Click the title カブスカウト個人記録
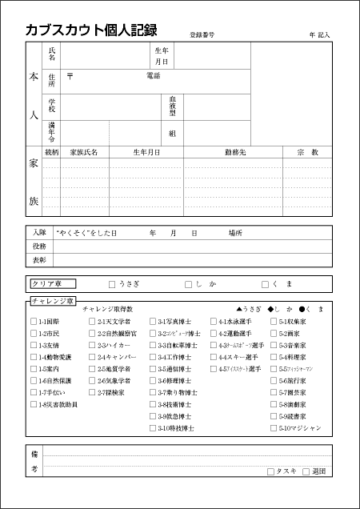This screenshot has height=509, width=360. point(90,30)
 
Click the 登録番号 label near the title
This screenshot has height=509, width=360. point(202,35)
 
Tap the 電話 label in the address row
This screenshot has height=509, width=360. point(153,76)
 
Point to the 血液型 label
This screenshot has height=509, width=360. point(172,106)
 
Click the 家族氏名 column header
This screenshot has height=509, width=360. point(84,151)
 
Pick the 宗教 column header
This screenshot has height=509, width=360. point(307,151)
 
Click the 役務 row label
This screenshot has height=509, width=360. point(39,246)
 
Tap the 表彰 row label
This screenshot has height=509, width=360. point(39,260)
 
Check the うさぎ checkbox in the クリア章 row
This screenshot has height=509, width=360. point(112,284)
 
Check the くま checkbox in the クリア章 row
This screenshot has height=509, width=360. point(265,284)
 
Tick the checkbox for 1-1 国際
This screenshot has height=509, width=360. point(34,321)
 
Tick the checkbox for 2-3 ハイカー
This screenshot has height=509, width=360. point(92,345)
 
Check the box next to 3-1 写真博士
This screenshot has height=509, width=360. point(153,321)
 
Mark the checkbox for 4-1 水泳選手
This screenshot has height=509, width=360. point(214,321)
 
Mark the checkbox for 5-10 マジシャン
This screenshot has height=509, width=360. point(274,428)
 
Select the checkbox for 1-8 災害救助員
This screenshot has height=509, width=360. point(34,405)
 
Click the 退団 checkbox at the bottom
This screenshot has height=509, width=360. point(306,471)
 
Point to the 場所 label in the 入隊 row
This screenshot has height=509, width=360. point(235,233)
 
